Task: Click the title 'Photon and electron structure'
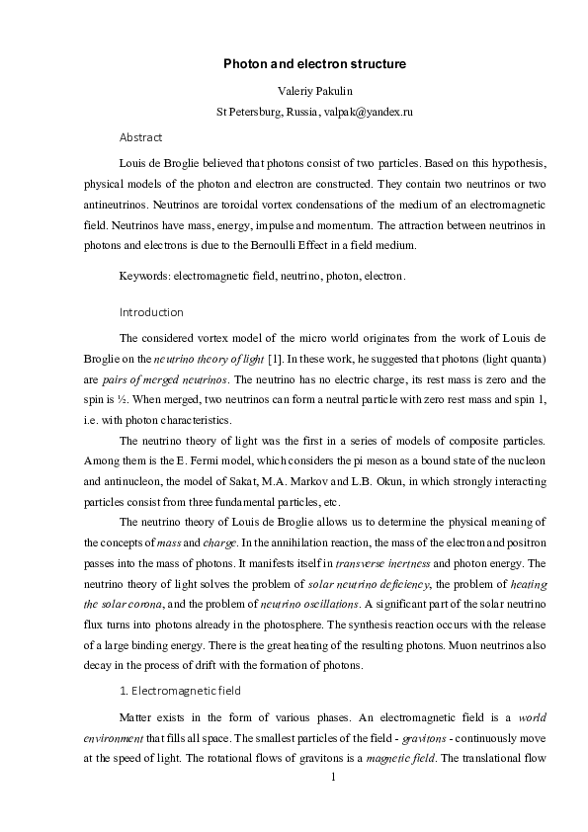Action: pyautogui.click(x=314, y=64)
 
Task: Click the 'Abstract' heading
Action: pyautogui.click(x=140, y=137)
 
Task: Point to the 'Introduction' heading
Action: pyautogui.click(x=150, y=312)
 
